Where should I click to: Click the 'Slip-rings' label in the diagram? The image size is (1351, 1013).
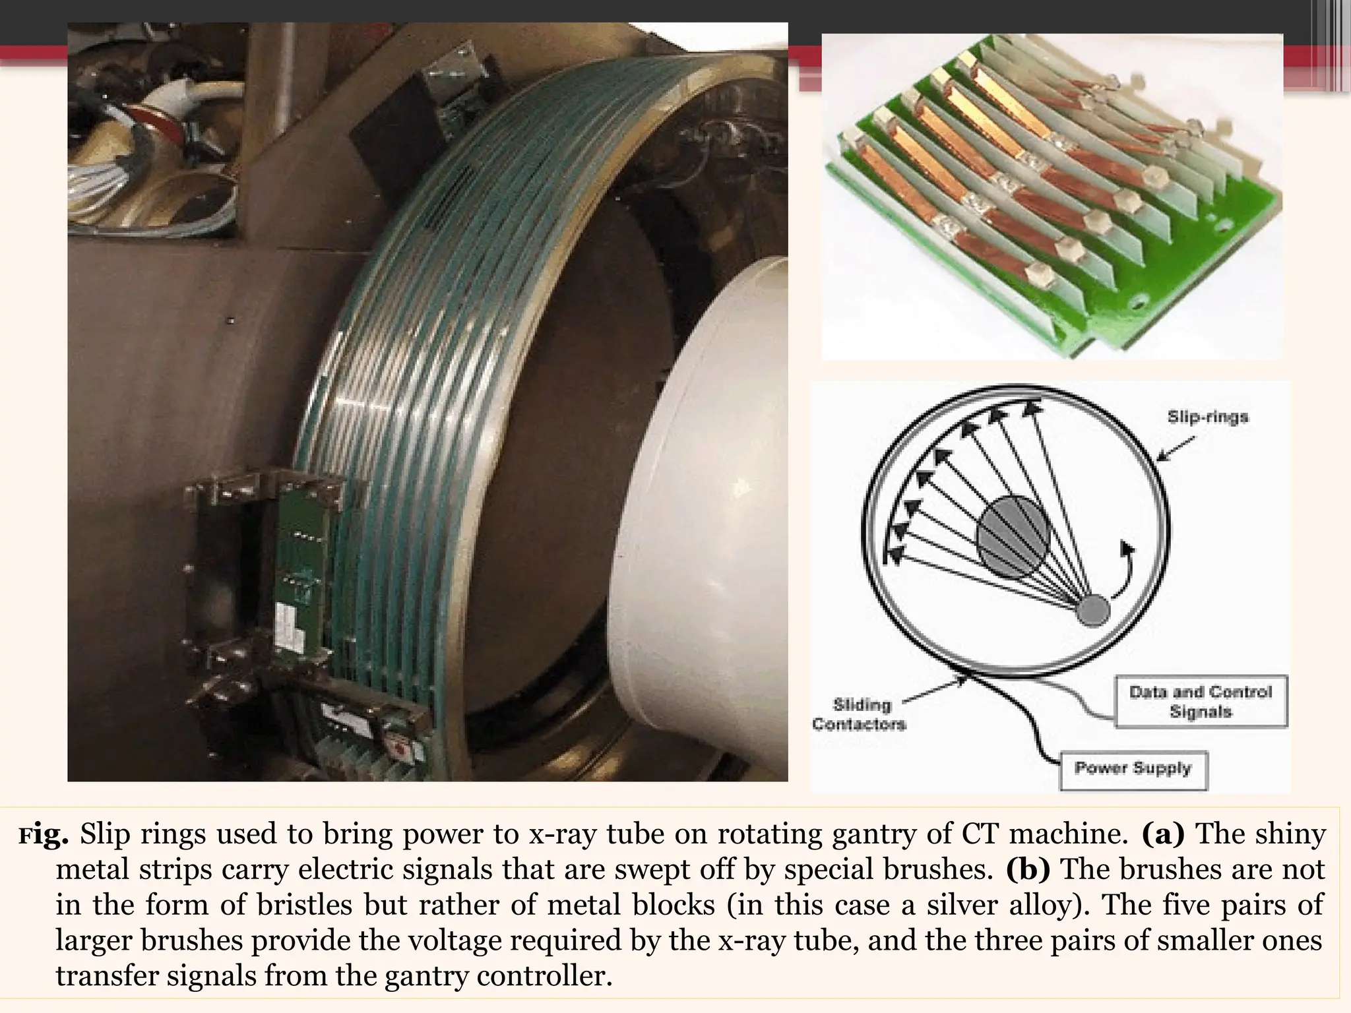(x=1207, y=417)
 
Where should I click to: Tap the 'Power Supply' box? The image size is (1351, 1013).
(x=1133, y=769)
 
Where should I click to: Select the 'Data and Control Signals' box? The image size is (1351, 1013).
(x=1201, y=702)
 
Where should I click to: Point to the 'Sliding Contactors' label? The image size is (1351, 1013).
(x=860, y=714)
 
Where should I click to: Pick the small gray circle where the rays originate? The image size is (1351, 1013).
(x=1093, y=609)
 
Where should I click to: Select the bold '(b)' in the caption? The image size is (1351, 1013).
(x=1028, y=870)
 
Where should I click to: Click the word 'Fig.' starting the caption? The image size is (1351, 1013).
(x=44, y=836)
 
